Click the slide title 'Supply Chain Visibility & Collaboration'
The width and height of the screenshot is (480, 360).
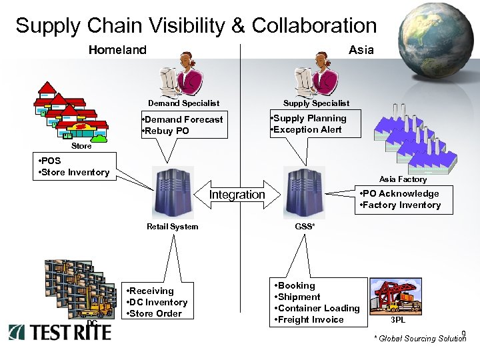pyautogui.click(x=196, y=25)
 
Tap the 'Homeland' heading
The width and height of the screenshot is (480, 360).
pyautogui.click(x=117, y=50)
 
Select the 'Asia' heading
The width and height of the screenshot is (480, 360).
pyautogui.click(x=361, y=50)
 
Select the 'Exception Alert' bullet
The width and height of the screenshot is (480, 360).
pyautogui.click(x=307, y=129)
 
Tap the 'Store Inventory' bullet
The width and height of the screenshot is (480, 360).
pyautogui.click(x=75, y=172)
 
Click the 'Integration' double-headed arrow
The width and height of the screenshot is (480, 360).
pyautogui.click(x=237, y=194)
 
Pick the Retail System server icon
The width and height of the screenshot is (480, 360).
pyautogui.click(x=173, y=193)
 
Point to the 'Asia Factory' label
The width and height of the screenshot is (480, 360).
pyautogui.click(x=403, y=179)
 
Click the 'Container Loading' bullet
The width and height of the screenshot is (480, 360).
pyautogui.click(x=318, y=308)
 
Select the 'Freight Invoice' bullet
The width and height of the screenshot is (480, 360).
pyautogui.click(x=310, y=319)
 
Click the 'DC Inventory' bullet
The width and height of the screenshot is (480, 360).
pyautogui.click(x=158, y=302)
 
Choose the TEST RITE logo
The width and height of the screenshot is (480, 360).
pyautogui.click(x=60, y=331)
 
